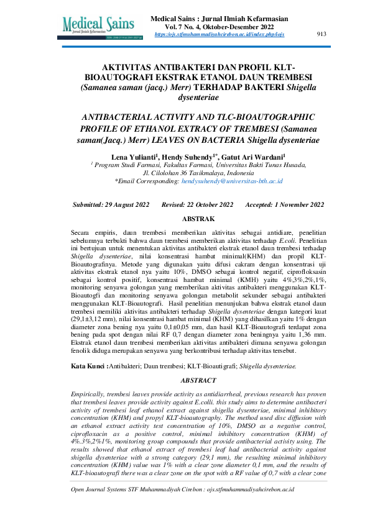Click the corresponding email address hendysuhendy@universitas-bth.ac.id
tap(232, 181)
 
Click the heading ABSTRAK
tap(198, 219)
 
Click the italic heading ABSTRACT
tap(198, 379)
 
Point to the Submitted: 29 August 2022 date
tap(111, 204)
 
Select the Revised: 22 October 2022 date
tap(197, 204)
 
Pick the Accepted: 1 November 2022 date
tap(284, 204)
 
